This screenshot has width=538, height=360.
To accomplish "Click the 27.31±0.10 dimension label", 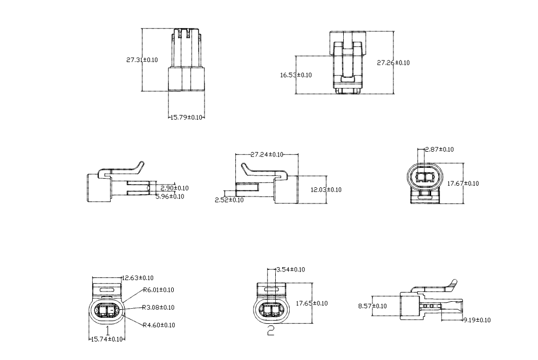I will pyautogui.click(x=142, y=60).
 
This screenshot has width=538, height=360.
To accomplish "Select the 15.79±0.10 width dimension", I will pyautogui.click(x=187, y=117).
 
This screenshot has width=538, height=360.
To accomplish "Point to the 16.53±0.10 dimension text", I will pyautogui.click(x=296, y=75).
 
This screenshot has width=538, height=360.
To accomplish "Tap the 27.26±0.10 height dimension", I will pyautogui.click(x=393, y=63).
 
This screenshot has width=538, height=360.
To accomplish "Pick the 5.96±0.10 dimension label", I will pyautogui.click(x=169, y=196).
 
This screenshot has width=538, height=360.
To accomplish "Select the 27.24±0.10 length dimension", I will pyautogui.click(x=267, y=154).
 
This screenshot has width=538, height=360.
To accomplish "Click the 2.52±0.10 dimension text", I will pyautogui.click(x=229, y=200).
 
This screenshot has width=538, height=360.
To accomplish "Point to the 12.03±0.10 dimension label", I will pyautogui.click(x=326, y=189).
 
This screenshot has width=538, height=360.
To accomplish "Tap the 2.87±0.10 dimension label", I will pyautogui.click(x=439, y=150).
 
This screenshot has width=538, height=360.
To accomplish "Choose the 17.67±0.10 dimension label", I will pyautogui.click(x=463, y=184).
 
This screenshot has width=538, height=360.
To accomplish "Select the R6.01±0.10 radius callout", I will pyautogui.click(x=159, y=290).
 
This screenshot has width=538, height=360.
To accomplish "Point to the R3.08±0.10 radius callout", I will pyautogui.click(x=159, y=308).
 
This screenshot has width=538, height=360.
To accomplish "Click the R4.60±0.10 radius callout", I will pyautogui.click(x=159, y=325).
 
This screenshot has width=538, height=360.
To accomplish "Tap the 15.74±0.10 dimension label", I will pyautogui.click(x=106, y=339).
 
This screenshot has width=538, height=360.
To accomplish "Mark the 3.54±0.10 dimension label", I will pyautogui.click(x=290, y=269).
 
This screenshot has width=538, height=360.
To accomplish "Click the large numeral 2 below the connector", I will pyautogui.click(x=271, y=331).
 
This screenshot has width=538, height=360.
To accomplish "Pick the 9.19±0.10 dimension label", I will pyautogui.click(x=477, y=320).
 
